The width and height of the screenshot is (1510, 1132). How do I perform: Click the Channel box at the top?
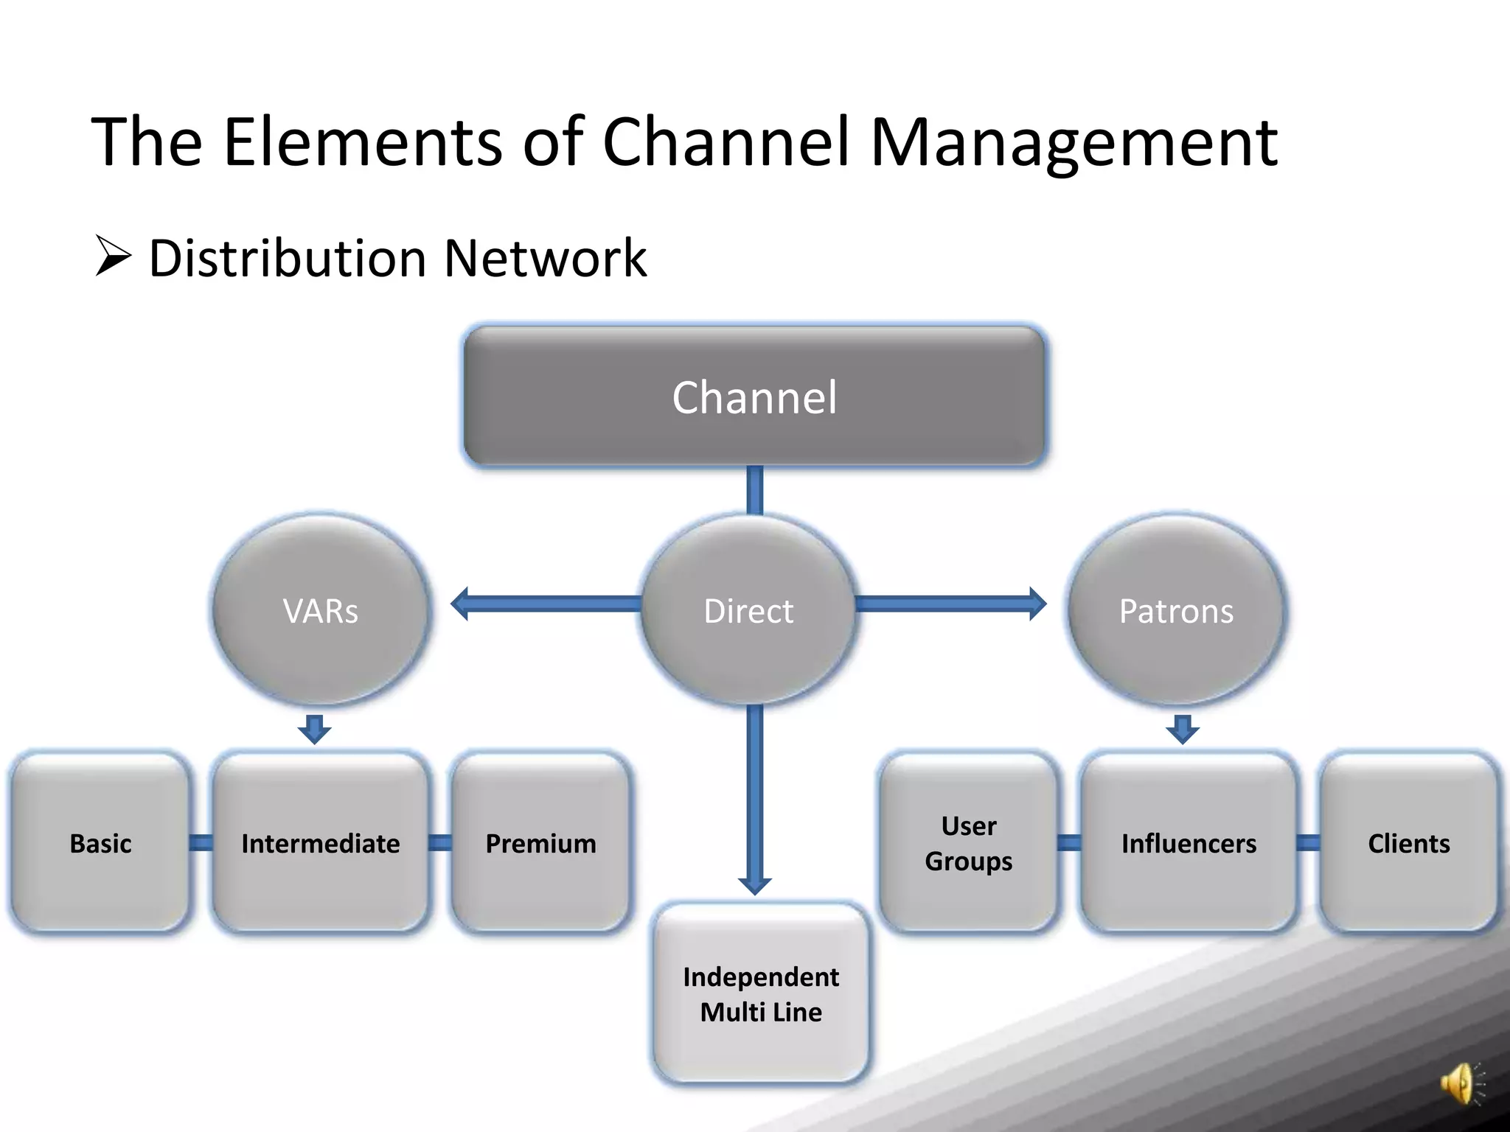(754, 396)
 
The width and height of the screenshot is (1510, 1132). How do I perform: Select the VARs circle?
(320, 610)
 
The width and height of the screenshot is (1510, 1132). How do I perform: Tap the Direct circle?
(748, 610)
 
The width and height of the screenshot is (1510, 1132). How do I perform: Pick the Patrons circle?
(1176, 610)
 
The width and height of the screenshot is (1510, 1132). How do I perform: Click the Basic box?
(100, 842)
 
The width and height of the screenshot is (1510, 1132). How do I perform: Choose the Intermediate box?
(320, 842)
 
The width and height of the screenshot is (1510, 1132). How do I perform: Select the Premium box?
(540, 842)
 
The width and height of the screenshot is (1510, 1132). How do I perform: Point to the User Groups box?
(968, 842)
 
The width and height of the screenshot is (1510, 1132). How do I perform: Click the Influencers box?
(1189, 842)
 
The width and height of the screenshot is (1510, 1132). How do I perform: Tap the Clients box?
(1408, 842)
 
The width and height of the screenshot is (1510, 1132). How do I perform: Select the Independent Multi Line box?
(761, 993)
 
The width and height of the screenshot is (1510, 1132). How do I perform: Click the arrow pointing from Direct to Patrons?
(951, 604)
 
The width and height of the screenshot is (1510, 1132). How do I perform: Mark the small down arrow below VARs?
(315, 729)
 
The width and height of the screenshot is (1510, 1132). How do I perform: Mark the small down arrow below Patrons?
(1183, 729)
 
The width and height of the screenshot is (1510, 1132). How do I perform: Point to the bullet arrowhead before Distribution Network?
(113, 256)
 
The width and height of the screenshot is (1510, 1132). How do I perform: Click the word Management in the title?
(1074, 141)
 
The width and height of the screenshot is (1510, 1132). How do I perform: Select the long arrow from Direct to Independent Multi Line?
(754, 796)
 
